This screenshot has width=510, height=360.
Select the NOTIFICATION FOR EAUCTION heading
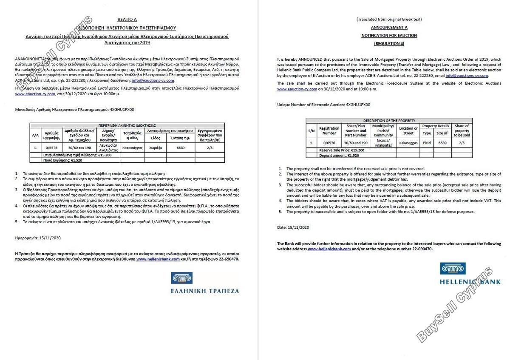pyautogui.click(x=389, y=35)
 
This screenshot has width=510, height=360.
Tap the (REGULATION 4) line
pyautogui.click(x=389, y=43)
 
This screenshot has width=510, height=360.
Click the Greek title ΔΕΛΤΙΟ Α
pyautogui.click(x=127, y=19)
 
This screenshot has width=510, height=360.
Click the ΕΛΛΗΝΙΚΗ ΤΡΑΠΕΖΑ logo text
pyautogui.click(x=205, y=291)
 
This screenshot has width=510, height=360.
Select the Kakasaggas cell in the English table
pyautogui.click(x=408, y=143)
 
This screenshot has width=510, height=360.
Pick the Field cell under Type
pyautogui.click(x=426, y=143)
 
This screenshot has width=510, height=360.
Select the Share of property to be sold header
pyautogui.click(x=462, y=130)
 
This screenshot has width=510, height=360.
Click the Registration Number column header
pyautogui.click(x=329, y=130)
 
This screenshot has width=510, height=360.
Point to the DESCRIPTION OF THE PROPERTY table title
pyautogui.click(x=389, y=121)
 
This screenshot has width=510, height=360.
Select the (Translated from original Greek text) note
pyautogui.click(x=389, y=20)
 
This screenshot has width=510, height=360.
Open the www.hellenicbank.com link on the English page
pyautogui.click(x=329, y=249)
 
